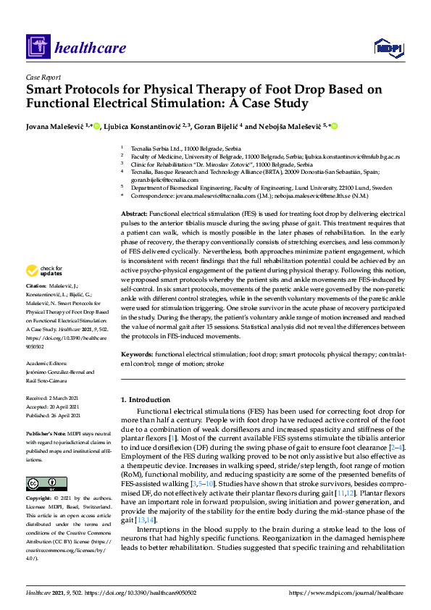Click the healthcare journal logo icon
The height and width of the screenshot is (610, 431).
[x=37, y=49]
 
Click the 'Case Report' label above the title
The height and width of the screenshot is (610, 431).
[x=43, y=77]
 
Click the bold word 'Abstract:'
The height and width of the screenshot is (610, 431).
[x=133, y=215]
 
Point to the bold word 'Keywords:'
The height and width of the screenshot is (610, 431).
[x=137, y=354]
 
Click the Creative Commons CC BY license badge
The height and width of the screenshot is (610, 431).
[x=41, y=483]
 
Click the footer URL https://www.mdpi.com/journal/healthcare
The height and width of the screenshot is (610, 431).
[x=346, y=593]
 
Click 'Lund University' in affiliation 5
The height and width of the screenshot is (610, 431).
[x=308, y=187]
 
